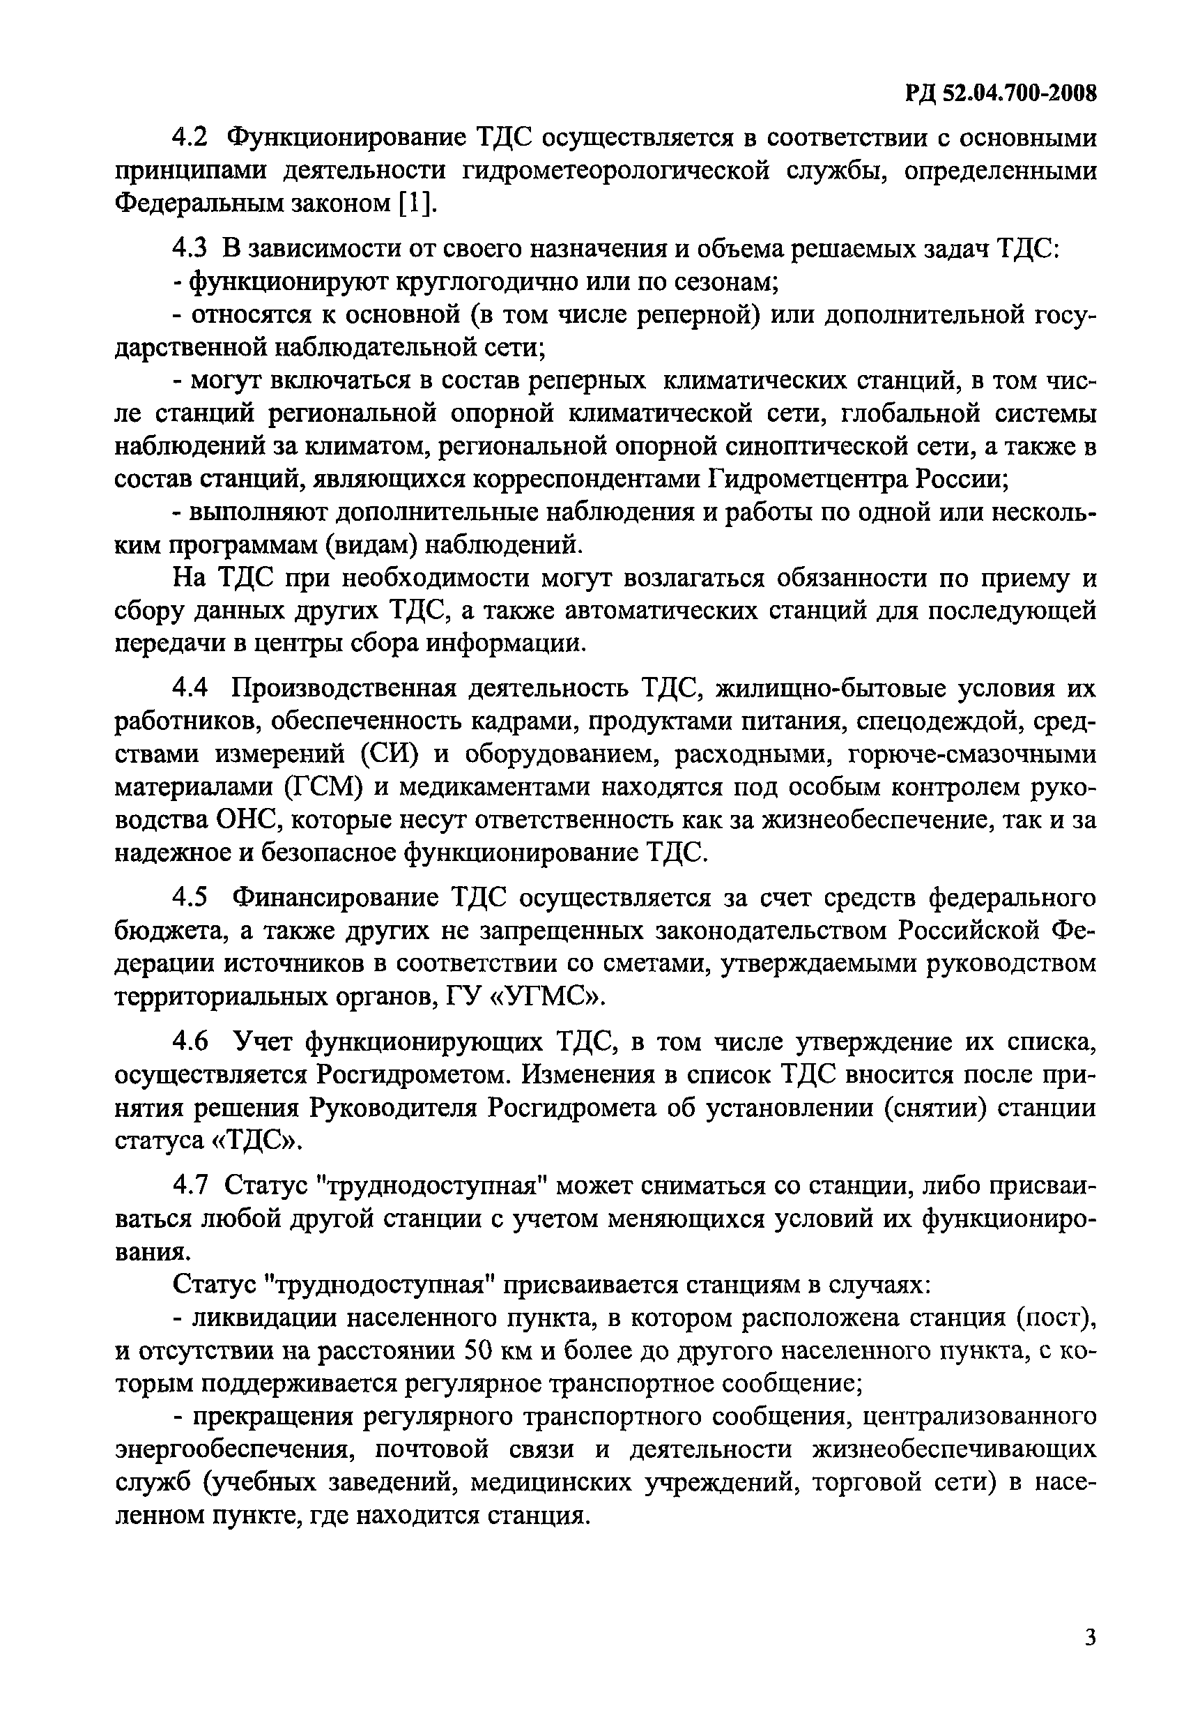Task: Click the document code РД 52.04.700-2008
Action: pos(1000,93)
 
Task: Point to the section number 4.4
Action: pos(190,689)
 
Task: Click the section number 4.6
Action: pos(190,1042)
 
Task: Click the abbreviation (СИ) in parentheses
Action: pos(390,754)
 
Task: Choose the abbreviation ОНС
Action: pos(247,821)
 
